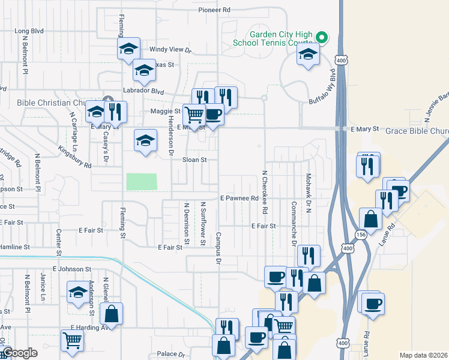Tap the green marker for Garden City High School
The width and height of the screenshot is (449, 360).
[x=321, y=38]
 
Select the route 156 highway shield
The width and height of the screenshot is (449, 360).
[x=361, y=235]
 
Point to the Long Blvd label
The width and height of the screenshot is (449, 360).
[x=29, y=31]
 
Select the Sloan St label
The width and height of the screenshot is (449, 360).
[x=195, y=160]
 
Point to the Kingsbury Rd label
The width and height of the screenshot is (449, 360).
[x=74, y=156]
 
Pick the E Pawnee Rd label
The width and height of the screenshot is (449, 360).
[x=239, y=198]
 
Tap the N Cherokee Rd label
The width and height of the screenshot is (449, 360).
[x=264, y=193]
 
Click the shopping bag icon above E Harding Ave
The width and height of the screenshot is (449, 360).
[x=111, y=313]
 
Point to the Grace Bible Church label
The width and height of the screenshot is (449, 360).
[x=417, y=130]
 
